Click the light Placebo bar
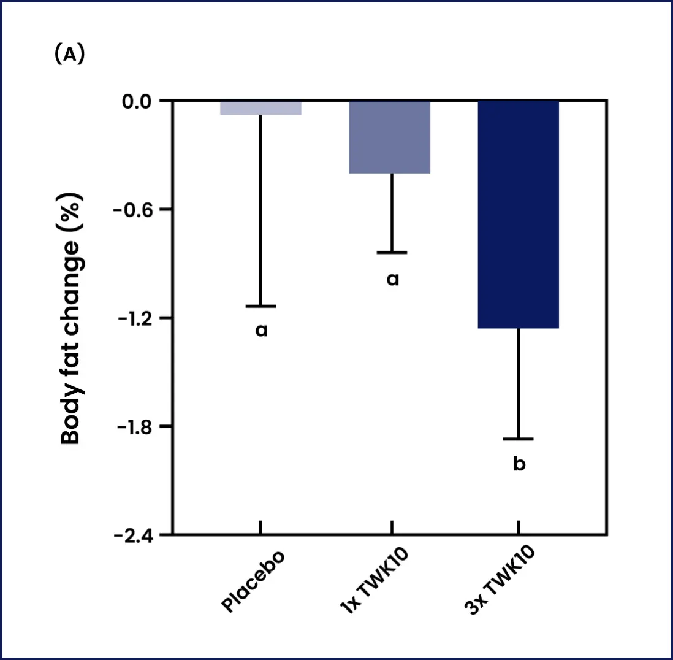[260, 108]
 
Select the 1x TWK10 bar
[390, 137]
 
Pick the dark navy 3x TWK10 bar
[519, 214]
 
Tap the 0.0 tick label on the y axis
[140, 101]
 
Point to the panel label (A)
[69, 55]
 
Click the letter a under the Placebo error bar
[262, 331]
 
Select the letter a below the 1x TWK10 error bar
[392, 280]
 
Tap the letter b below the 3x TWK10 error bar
[519, 463]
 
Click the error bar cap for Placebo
[260, 305]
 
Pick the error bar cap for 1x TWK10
[392, 252]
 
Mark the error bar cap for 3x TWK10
[519, 439]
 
